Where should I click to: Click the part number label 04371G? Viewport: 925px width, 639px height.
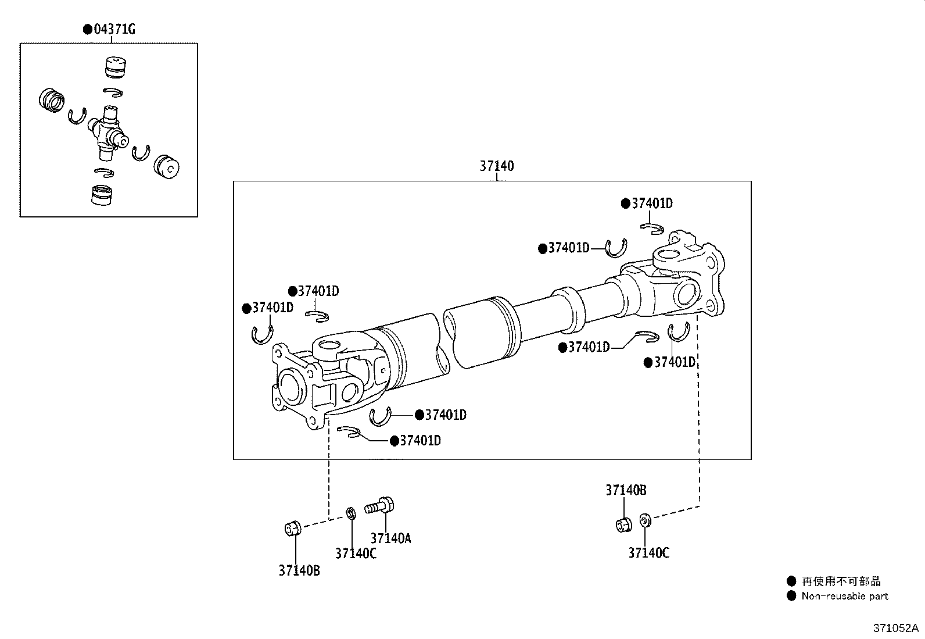click(114, 29)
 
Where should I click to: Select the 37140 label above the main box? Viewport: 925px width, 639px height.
click(496, 166)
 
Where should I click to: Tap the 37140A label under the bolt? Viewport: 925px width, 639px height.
click(390, 538)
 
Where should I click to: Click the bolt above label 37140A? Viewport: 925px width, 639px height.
click(379, 506)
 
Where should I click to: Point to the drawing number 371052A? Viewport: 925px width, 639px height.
click(896, 628)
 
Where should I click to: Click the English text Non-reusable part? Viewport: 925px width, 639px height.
click(845, 596)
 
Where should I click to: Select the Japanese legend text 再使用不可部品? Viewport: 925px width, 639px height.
click(841, 581)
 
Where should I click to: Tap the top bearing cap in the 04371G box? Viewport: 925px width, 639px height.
click(115, 67)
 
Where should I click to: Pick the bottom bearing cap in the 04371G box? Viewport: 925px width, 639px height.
click(102, 195)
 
